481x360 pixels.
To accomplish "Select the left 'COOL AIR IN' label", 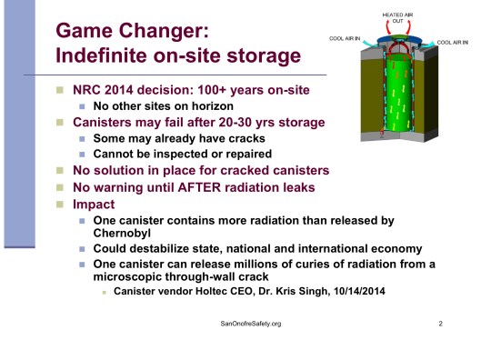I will coord(348,40).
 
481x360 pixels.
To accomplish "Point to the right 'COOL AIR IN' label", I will coord(456,42).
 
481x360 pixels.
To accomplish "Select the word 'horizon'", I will coord(200,106).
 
